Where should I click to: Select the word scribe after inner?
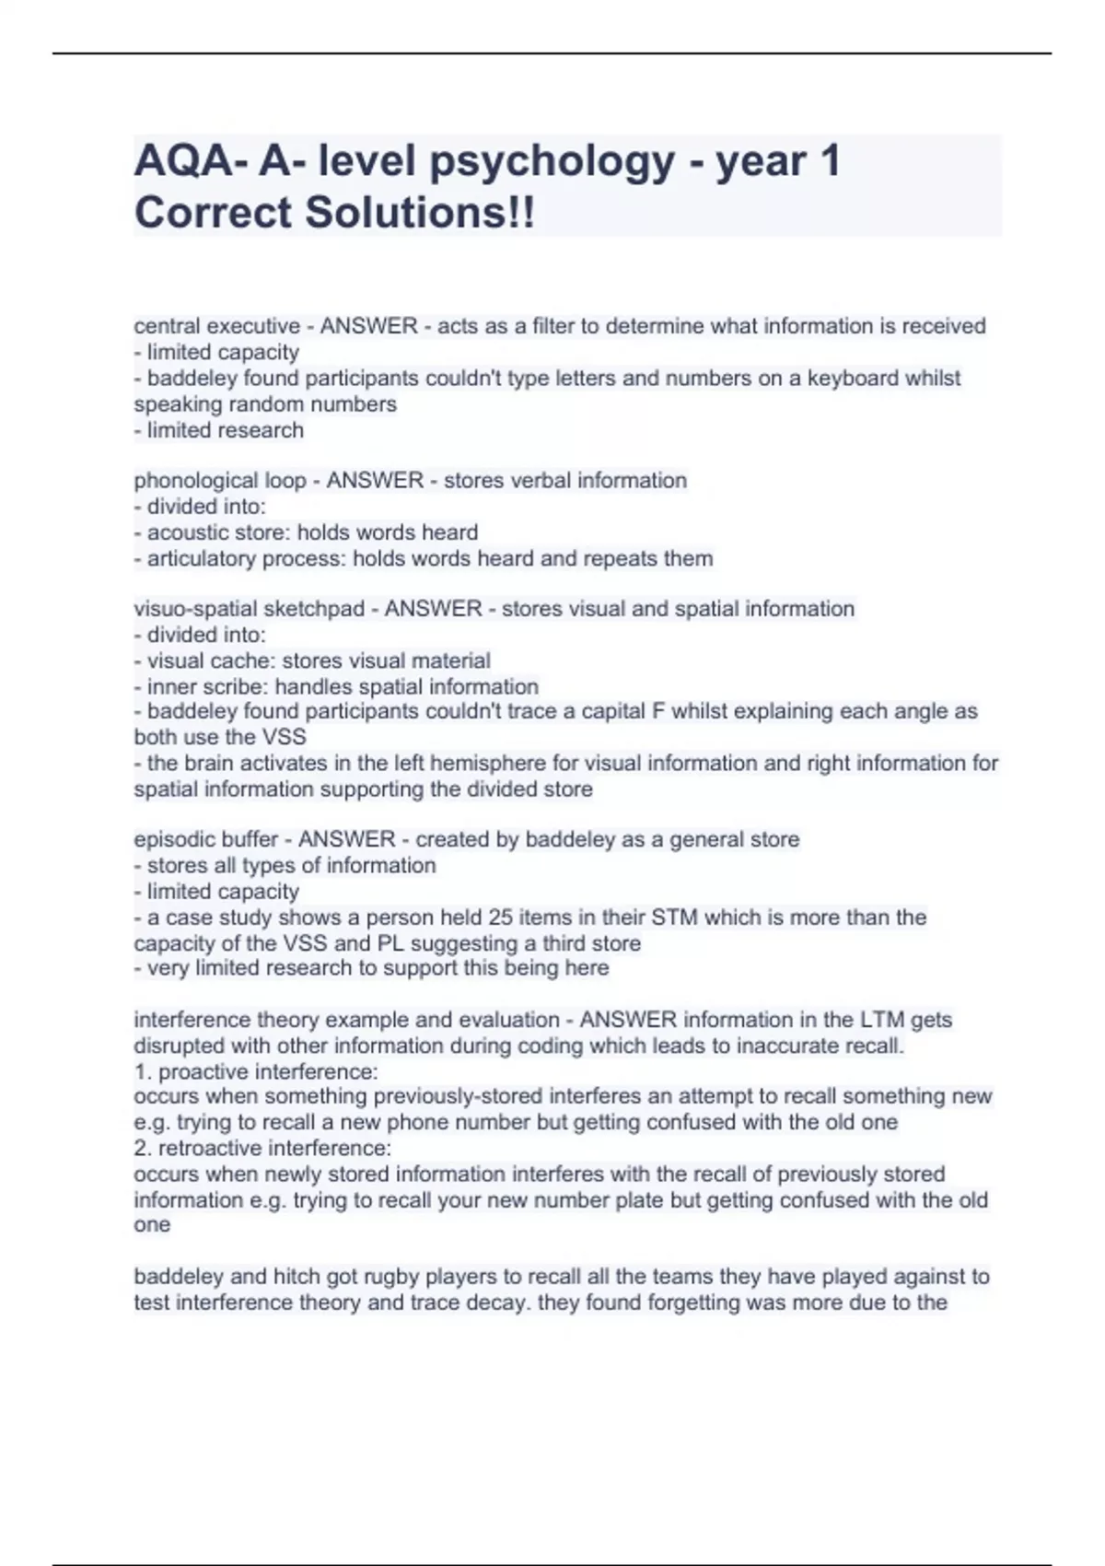point(238,686)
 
